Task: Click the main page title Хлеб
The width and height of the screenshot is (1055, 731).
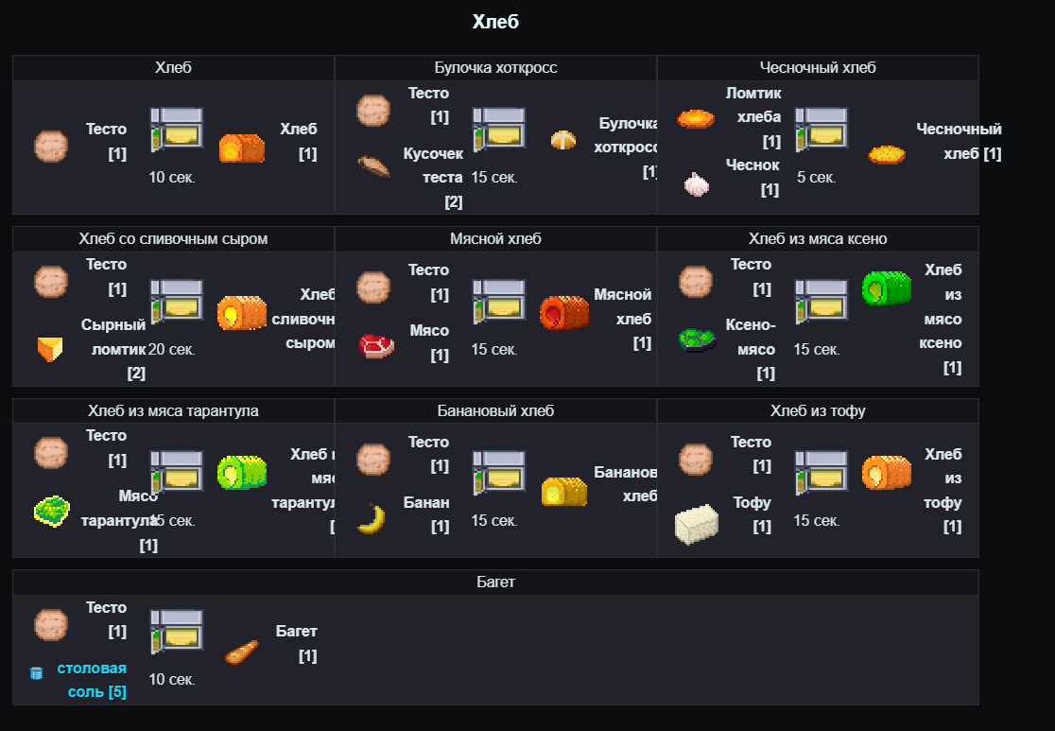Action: (495, 22)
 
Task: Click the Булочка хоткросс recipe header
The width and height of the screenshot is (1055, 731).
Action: (495, 68)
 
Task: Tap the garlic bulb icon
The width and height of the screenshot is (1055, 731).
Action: (696, 183)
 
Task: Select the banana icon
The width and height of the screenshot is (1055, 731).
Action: (372, 519)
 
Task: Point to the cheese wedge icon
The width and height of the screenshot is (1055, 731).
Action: (50, 349)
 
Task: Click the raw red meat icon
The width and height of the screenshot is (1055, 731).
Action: (376, 345)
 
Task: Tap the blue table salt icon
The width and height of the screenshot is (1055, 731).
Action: (37, 673)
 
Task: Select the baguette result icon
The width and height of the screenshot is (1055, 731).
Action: (241, 653)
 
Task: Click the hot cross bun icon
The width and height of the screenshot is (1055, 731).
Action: (563, 140)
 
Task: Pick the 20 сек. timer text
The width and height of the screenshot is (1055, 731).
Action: (172, 350)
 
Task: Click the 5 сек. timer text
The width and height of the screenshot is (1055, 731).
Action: (816, 177)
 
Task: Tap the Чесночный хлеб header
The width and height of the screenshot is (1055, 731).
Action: (818, 68)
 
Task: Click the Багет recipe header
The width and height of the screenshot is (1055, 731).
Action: (495, 583)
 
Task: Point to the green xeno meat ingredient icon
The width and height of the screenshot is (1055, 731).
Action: (697, 339)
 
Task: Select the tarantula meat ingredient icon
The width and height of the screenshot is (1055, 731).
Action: (52, 512)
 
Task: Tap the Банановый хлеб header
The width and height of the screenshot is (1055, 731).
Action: (495, 411)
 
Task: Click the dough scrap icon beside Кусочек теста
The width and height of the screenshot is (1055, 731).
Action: (374, 166)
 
